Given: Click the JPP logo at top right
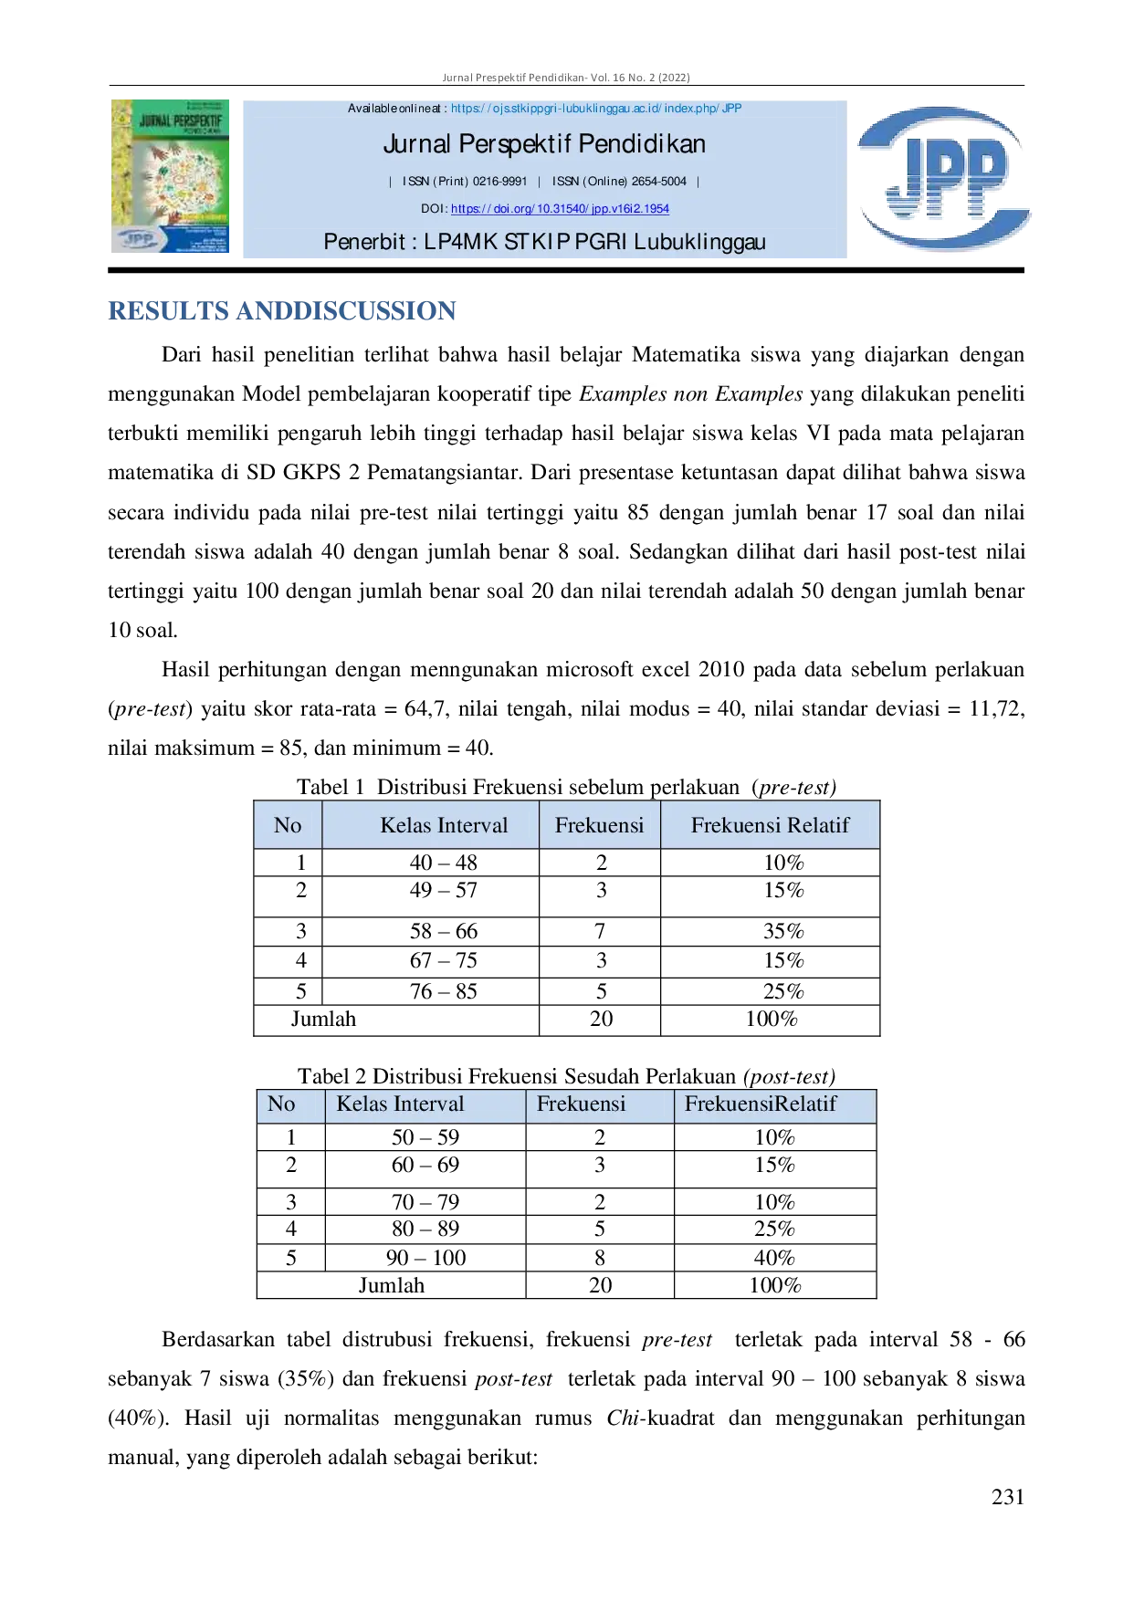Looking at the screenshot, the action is click(944, 178).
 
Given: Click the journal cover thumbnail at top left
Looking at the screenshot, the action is click(170, 176).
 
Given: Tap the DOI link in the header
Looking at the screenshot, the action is click(560, 209).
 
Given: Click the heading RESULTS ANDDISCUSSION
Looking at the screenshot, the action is click(282, 311).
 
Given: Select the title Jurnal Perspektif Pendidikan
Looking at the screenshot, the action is click(544, 144).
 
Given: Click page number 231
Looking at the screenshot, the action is click(1008, 1497).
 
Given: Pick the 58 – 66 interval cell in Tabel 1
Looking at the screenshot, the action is click(444, 931).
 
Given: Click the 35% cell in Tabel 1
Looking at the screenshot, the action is click(783, 931).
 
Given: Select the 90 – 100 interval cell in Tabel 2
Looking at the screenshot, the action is click(425, 1258).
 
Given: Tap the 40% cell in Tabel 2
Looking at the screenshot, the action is click(774, 1258).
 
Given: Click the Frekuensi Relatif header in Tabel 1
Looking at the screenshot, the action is click(770, 825).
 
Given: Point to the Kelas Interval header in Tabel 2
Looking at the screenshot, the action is click(400, 1104).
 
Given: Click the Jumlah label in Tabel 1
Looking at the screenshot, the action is click(323, 1019).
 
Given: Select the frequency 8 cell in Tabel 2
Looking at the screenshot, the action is click(600, 1258).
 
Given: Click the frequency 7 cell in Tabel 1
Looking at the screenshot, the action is click(600, 931).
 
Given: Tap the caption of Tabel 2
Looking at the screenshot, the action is click(566, 1076).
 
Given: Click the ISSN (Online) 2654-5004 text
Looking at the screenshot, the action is click(619, 182).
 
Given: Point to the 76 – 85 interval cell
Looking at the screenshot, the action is click(444, 991).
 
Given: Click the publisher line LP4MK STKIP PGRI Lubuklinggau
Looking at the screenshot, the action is click(544, 242).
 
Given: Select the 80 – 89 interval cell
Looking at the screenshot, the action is click(425, 1229).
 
